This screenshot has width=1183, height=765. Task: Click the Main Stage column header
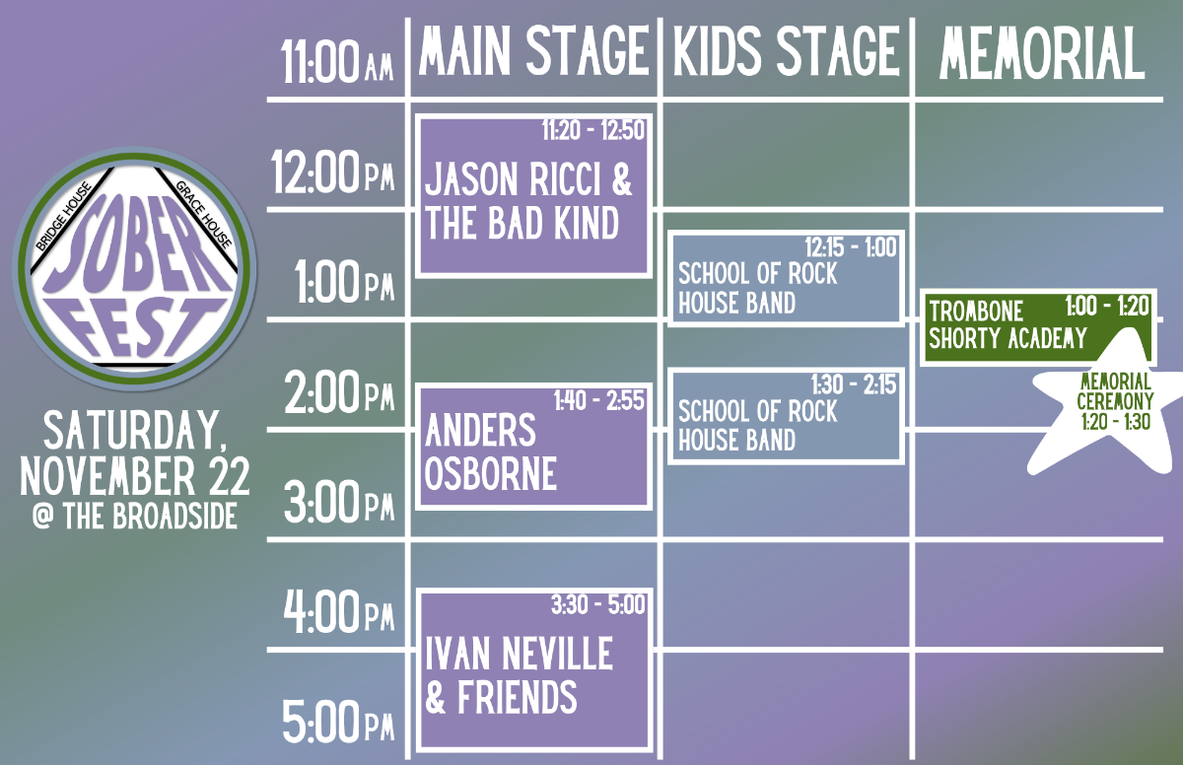pyautogui.click(x=534, y=50)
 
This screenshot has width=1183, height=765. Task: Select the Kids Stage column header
pyautogui.click(x=787, y=50)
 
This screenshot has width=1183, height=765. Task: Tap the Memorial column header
pyautogui.click(x=1042, y=53)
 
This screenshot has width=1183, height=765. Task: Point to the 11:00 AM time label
pyautogui.click(x=336, y=62)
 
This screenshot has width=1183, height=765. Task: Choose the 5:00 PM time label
pyautogui.click(x=338, y=722)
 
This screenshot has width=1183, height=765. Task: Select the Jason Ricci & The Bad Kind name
pyautogui.click(x=528, y=201)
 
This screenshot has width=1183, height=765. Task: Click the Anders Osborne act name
pyautogui.click(x=491, y=452)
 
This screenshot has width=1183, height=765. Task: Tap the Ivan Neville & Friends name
pyautogui.click(x=519, y=674)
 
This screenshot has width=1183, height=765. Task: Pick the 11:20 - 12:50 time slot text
pyautogui.click(x=593, y=130)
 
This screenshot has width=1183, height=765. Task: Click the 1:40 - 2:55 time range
pyautogui.click(x=599, y=400)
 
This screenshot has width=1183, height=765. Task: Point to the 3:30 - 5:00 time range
pyautogui.click(x=597, y=605)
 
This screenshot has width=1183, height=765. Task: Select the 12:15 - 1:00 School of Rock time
pyautogui.click(x=850, y=247)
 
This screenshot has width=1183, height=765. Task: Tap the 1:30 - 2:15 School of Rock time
pyautogui.click(x=854, y=384)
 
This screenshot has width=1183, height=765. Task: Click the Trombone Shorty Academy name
pyautogui.click(x=1008, y=324)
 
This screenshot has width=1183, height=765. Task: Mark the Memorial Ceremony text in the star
pyautogui.click(x=1115, y=391)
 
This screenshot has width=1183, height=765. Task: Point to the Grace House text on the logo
pyautogui.click(x=204, y=214)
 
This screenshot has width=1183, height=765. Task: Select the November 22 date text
pyautogui.click(x=135, y=476)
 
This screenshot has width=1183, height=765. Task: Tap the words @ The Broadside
pyautogui.click(x=135, y=516)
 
